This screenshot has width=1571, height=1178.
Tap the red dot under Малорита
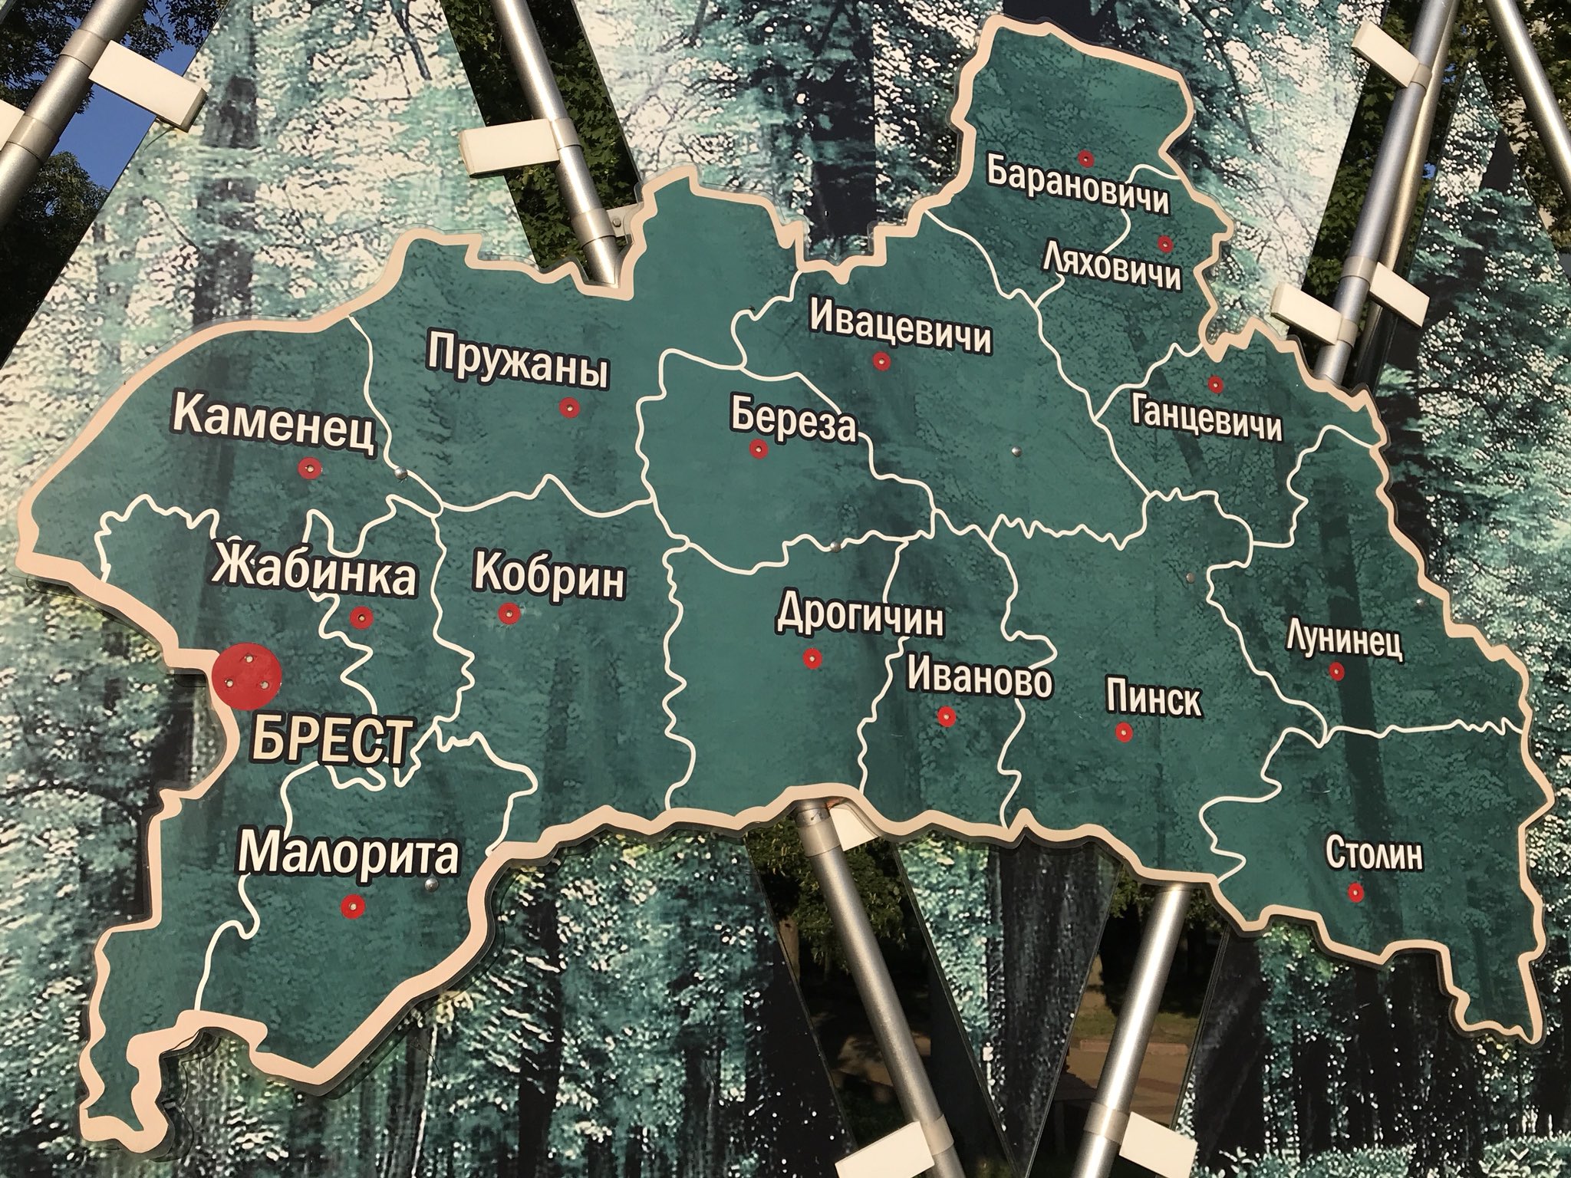352,905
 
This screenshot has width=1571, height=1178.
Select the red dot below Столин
1355,892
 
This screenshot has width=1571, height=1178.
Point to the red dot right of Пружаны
568,408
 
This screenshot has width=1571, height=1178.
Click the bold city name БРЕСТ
326,738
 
